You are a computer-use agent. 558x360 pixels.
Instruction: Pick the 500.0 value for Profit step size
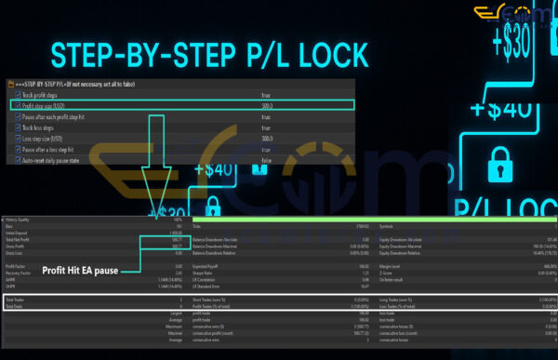[x=267, y=105]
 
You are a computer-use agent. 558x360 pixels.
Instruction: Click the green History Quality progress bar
[x=372, y=220]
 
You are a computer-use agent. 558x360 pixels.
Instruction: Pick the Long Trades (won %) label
[x=394, y=300]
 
